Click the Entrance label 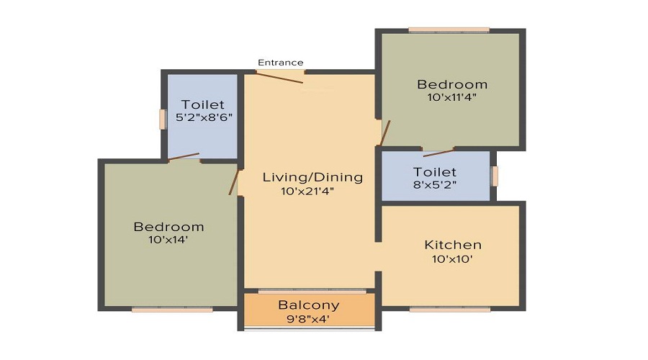pyautogui.click(x=280, y=63)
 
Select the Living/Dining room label pyautogui.click(x=312, y=177)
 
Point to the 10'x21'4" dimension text pyautogui.click(x=312, y=191)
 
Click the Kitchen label pyautogui.click(x=452, y=245)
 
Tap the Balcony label pyautogui.click(x=308, y=305)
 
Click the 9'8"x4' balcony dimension pyautogui.click(x=308, y=318)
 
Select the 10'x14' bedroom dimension pyautogui.click(x=168, y=240)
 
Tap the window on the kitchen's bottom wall pyautogui.click(x=450, y=309)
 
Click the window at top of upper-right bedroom pyautogui.click(x=449, y=30)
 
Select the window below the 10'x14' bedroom pyautogui.click(x=172, y=310)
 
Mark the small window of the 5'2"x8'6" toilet pyautogui.click(x=163, y=119)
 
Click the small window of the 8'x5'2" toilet pyautogui.click(x=494, y=176)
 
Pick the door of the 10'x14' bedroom pyautogui.click(x=233, y=182)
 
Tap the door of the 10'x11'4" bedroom pyautogui.click(x=385, y=132)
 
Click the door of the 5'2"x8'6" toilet pyautogui.click(x=184, y=156)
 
